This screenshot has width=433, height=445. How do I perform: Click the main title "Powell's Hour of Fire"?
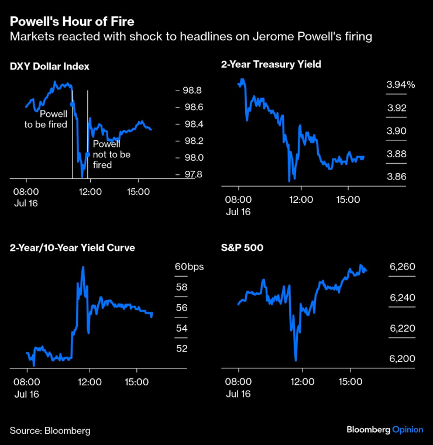pos(71,22)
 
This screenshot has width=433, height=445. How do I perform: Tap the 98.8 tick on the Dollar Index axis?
pos(193,91)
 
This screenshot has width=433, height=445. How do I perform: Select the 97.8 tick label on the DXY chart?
pos(193,174)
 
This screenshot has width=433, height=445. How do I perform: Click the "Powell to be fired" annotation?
pos(46,119)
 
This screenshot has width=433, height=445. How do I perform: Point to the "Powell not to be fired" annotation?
pos(111,154)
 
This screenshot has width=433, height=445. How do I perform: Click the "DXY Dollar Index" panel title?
pos(49,66)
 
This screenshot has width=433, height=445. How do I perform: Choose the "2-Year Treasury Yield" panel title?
pos(271,64)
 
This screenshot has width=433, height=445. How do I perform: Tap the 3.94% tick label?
pos(400,85)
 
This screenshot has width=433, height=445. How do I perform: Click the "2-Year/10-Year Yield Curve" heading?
pos(72,247)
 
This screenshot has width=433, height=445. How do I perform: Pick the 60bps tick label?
pos(188,267)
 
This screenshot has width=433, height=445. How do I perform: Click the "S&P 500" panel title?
pos(242,247)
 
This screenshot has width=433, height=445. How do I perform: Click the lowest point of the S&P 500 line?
pos(296,360)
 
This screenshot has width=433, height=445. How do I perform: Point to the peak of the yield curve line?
pos(83,267)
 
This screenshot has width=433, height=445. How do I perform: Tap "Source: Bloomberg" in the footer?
pos(50,430)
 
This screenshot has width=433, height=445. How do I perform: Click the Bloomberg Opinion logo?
pos(384,429)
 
